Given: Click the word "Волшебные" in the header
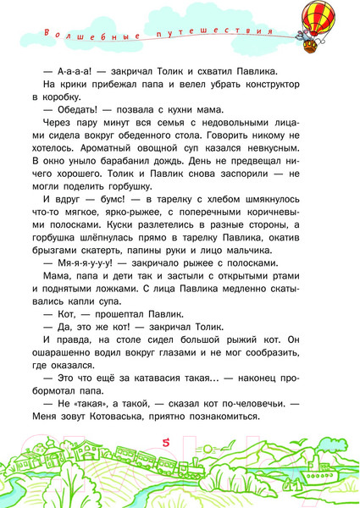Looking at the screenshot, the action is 72,36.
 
